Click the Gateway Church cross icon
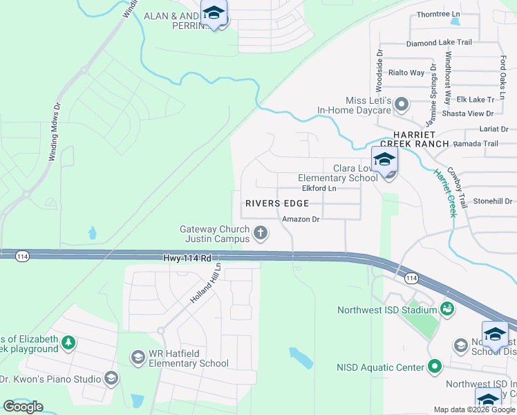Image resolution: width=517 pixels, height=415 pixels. pos(261,232)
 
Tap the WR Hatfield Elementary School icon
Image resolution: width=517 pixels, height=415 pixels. pos(138,357)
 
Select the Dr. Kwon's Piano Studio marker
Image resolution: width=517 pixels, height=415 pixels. pos(111,378)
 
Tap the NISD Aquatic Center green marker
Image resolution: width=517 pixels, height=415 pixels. pos(434,367)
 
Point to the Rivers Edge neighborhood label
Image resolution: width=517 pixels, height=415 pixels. pos(276,203)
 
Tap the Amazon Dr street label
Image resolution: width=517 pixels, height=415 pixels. pos(301,219)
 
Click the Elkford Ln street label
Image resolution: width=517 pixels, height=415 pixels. pos(319,188)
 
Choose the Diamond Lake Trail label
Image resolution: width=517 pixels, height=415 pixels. pos(439,42)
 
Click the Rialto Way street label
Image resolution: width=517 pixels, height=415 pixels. pos(406,73)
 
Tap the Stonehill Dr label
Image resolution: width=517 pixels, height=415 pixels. pos(491,201)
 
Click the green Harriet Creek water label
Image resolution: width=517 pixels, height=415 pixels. pos(446,193)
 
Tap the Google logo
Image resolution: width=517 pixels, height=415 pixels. pos(23,407)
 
